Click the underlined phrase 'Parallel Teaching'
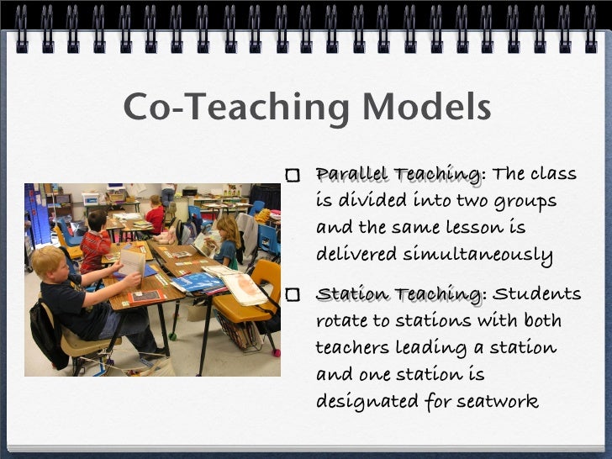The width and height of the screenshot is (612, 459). (398, 174)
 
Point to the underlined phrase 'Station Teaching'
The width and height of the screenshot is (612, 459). (398, 294)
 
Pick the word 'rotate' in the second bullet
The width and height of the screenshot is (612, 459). (341, 321)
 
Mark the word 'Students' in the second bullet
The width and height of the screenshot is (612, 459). (536, 294)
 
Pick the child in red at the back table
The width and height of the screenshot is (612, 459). (156, 215)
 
